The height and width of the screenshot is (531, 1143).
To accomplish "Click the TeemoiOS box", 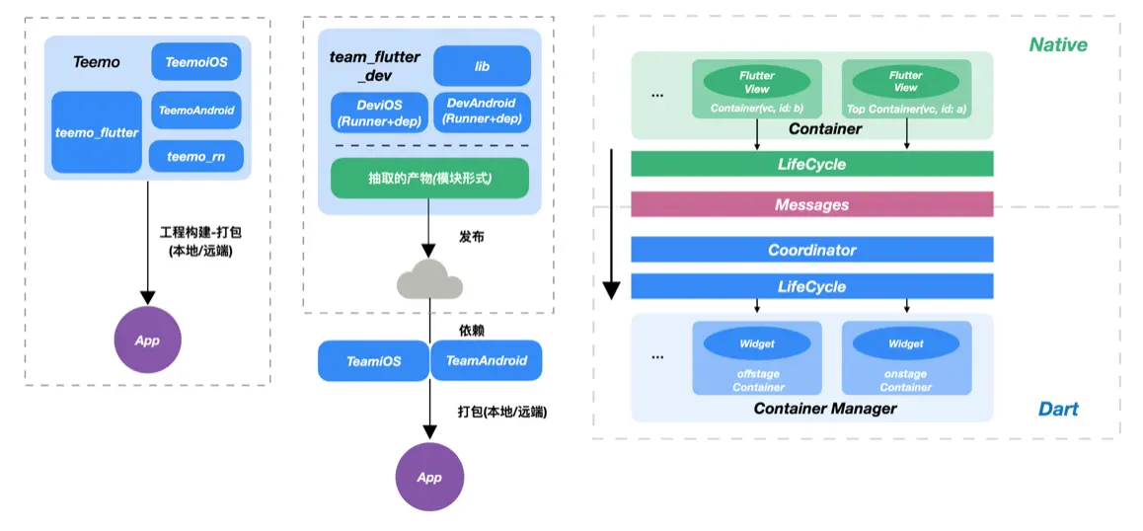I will point(196,62).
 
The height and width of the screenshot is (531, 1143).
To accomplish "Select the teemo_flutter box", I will point(97,132).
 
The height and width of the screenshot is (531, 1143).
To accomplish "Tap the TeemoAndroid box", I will point(196,111).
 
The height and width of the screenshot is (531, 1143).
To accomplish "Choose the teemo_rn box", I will point(196,156).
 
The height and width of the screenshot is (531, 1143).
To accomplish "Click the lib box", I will point(482,66).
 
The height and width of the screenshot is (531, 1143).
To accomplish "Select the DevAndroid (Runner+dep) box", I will point(482,112).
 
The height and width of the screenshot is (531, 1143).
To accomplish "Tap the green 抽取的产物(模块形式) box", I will point(429,179).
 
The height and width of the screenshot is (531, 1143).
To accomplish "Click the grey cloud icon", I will point(429,282).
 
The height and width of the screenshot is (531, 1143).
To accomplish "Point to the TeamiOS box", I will point(373,361).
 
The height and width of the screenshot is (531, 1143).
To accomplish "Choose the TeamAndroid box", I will point(487,361).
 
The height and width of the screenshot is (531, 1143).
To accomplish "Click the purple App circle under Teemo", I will point(147,341).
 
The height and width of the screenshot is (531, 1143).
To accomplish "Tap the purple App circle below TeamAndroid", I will point(429,477).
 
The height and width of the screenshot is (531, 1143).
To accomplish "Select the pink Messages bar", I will point(811,204).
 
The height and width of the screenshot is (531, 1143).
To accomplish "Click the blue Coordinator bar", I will point(811,250).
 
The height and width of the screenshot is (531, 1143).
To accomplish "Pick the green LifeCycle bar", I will point(811,164).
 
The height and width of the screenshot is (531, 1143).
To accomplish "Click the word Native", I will point(1057,44).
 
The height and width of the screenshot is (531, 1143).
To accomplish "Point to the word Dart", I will point(1058,409).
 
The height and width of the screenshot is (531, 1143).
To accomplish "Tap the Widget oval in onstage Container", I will point(905,343).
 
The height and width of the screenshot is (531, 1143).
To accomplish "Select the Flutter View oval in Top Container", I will point(905,81).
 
